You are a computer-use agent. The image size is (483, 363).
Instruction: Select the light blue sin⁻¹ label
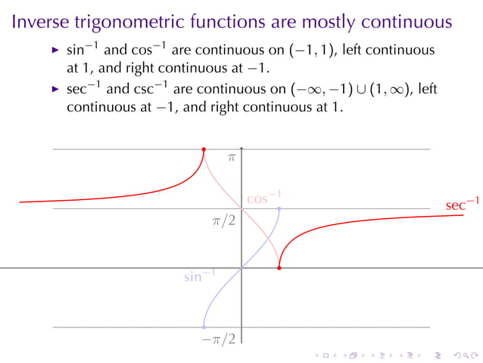pyautogui.click(x=199, y=277)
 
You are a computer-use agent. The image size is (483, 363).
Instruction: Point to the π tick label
pyautogui.click(x=232, y=158)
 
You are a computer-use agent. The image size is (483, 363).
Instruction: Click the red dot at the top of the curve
pyautogui.click(x=204, y=149)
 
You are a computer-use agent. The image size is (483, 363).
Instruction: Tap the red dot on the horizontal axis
pyautogui.click(x=279, y=268)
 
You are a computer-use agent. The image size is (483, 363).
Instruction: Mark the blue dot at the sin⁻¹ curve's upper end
pyautogui.click(x=279, y=208)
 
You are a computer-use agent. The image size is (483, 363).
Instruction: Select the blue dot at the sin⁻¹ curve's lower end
pyautogui.click(x=204, y=327)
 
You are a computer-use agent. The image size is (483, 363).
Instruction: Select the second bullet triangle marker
pyautogui.click(x=55, y=90)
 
